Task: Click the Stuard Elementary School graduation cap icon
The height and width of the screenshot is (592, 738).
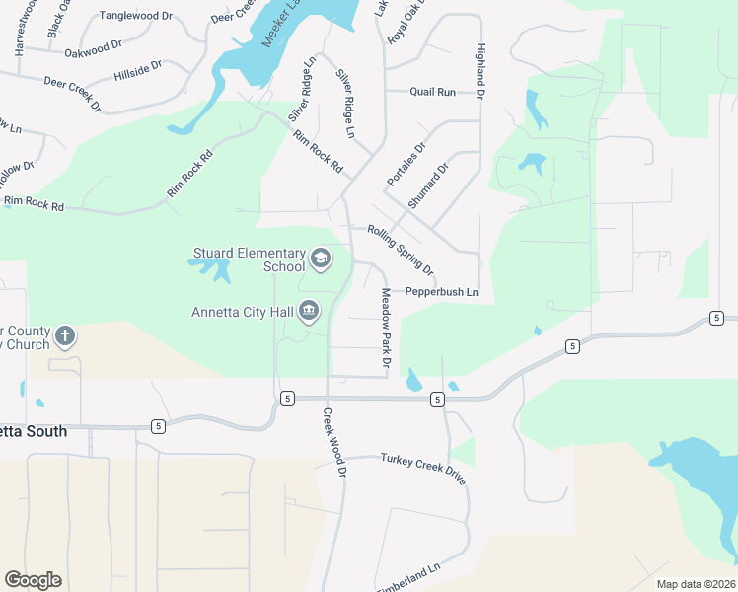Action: [320, 259]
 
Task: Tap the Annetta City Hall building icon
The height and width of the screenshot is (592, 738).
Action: [309, 312]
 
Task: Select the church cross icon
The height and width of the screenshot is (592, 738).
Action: [65, 336]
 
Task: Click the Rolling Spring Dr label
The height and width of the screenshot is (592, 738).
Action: [401, 249]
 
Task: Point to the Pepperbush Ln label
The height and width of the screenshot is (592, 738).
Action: [441, 292]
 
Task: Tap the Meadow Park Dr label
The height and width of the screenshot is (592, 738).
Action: [386, 331]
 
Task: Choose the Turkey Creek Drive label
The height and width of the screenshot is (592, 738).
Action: [422, 469]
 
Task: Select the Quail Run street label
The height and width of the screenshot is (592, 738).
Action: [433, 92]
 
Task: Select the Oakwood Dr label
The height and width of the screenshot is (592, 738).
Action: [92, 45]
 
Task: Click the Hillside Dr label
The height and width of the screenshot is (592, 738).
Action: [137, 70]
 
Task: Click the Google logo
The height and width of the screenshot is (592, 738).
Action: [33, 580]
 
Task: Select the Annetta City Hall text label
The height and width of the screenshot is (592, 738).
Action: [242, 313]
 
